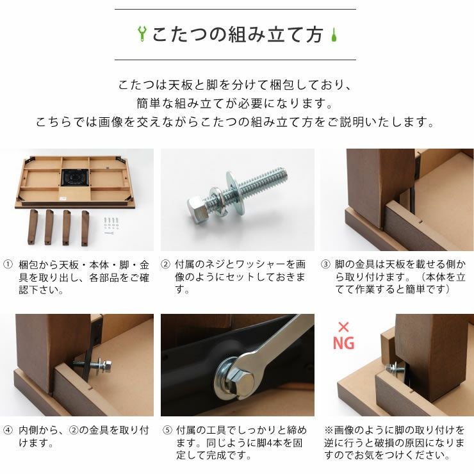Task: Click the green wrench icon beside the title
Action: [x=142, y=34]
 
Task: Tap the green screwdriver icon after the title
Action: [x=332, y=34]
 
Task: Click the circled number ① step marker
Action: [x=8, y=264]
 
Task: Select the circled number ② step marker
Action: [x=165, y=264]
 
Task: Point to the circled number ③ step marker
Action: [x=325, y=264]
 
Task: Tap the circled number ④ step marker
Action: [x=8, y=430]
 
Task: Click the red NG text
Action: [x=343, y=343]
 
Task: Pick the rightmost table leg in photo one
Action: [x=85, y=227]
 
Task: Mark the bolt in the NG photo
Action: [x=392, y=370]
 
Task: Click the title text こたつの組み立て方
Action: [x=237, y=35]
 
